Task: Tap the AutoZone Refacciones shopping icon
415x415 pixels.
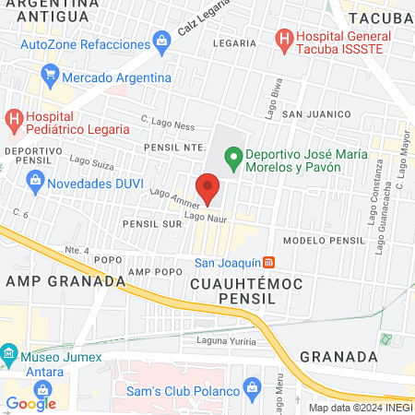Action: [161, 41]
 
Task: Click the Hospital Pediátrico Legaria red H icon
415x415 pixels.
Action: [14, 117]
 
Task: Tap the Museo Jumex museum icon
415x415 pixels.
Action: [8, 354]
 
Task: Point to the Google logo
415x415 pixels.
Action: [31, 403]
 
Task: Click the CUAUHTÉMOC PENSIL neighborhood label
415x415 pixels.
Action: [245, 291]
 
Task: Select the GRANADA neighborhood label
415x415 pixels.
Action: [339, 356]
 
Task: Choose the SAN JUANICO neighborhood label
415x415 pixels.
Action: [317, 113]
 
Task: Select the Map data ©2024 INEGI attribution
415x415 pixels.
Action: [359, 407]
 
